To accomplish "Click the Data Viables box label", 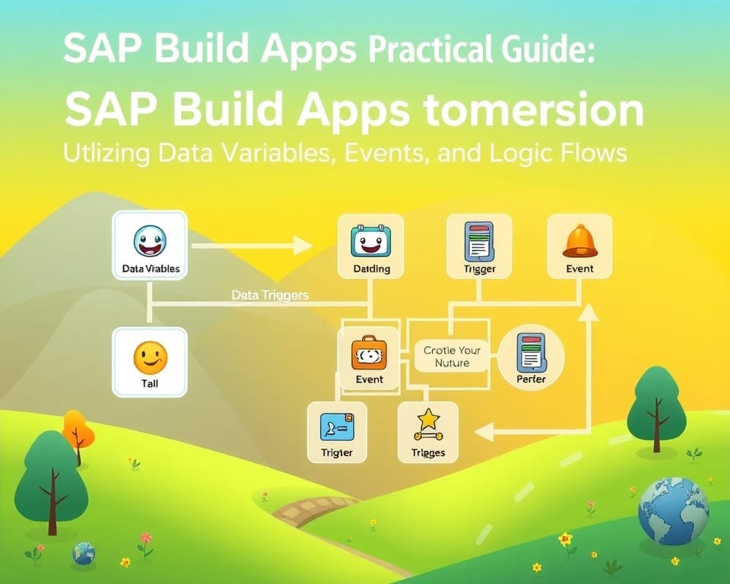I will tap(150, 268).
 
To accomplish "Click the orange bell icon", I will tap(580, 242).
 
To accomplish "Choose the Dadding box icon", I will tap(370, 243).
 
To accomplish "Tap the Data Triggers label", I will tap(270, 295).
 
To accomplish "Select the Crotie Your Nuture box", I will tap(452, 357).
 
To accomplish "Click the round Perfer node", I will tap(531, 359).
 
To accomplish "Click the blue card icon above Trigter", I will tap(337, 426).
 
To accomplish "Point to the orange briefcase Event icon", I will tap(370, 354).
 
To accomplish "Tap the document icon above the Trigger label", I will tap(479, 243).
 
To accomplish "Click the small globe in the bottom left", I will tap(84, 553).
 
